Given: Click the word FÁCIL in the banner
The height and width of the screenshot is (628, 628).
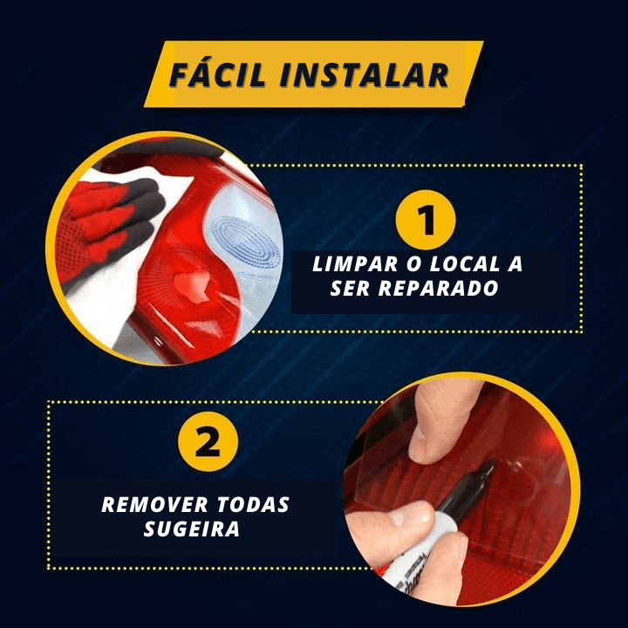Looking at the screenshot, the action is click(217, 74).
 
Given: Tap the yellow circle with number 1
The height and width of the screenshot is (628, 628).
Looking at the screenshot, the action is click(426, 220).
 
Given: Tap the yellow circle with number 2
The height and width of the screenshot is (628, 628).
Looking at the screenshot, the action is click(208, 441).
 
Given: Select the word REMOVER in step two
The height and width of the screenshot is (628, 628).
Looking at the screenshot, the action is click(154, 505).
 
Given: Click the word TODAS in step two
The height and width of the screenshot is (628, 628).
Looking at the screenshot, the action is click(253, 505).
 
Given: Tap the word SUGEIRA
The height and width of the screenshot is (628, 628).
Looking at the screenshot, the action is click(191, 529).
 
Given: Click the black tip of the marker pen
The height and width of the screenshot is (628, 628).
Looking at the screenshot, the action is click(488, 469).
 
